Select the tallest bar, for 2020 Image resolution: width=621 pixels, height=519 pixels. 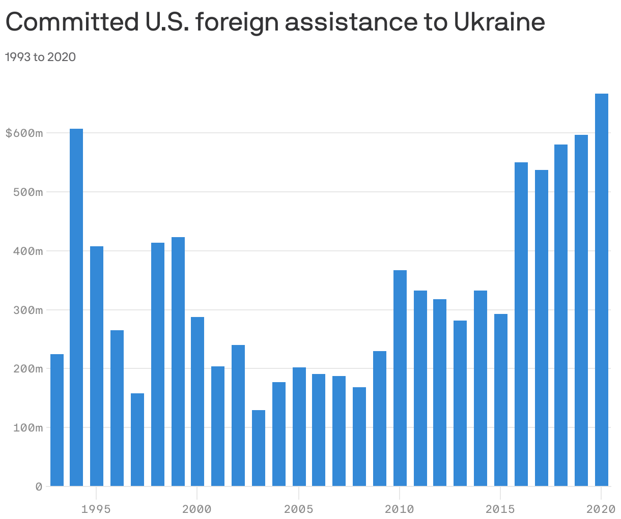coord(602,290)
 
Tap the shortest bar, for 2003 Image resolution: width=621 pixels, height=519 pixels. coord(259,448)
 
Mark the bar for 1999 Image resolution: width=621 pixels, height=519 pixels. coord(178,361)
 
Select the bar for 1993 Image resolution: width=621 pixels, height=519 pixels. coord(57,420)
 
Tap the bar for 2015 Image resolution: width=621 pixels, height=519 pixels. coord(501,400)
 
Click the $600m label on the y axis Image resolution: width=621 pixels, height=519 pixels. coord(24,133)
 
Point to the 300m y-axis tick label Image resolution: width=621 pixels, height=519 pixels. coord(28,310)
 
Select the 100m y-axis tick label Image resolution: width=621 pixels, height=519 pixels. coord(28,427)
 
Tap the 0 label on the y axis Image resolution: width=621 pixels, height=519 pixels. coord(39,486)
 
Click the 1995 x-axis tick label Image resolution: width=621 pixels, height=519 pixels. coord(96,509)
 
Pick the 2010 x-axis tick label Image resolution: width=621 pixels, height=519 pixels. coord(400,509)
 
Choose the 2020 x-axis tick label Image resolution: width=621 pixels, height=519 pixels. coord(601,509)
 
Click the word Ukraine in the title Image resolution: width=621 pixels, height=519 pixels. coord(498,22)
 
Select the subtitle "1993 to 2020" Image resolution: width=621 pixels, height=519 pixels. coord(40,57)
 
